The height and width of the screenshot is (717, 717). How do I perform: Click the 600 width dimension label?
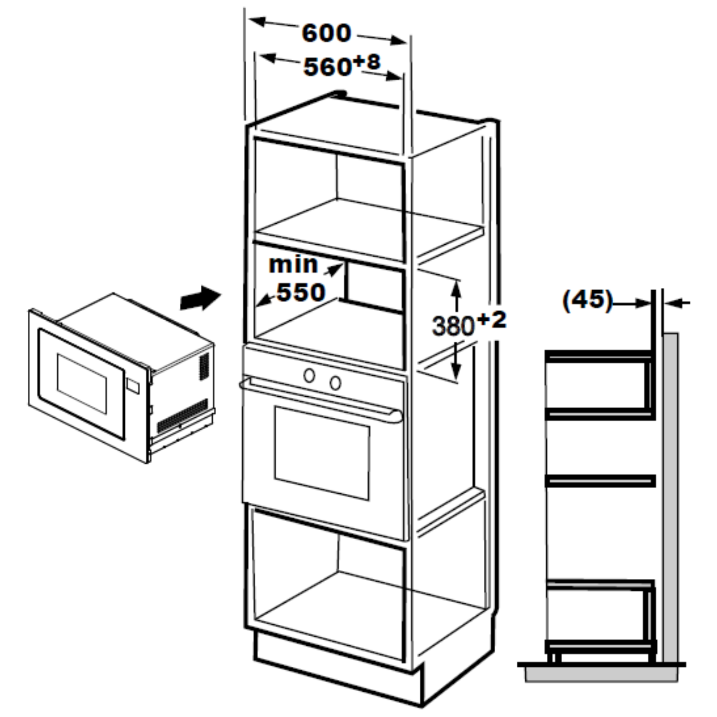pos(326,33)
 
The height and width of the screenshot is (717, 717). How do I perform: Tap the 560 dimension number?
pos(328,67)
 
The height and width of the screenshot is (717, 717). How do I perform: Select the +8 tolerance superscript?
pos(367,62)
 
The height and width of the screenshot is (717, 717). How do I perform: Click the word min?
pos(293,264)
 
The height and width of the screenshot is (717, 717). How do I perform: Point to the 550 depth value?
pos(301,292)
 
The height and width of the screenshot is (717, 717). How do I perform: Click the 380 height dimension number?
pos(453,326)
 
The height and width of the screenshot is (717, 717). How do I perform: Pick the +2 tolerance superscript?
pos(491,320)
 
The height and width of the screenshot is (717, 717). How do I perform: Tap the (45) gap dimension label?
pos(587,300)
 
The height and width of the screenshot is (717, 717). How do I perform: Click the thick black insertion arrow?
pos(201,298)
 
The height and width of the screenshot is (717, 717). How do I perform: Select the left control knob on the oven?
pos(309,376)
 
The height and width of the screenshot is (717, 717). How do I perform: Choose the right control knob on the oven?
pos(336,382)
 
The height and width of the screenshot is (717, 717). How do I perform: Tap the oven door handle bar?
pos(320,398)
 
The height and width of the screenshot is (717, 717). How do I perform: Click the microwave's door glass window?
pos(82,383)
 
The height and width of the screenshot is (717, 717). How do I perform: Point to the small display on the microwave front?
pos(133,385)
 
